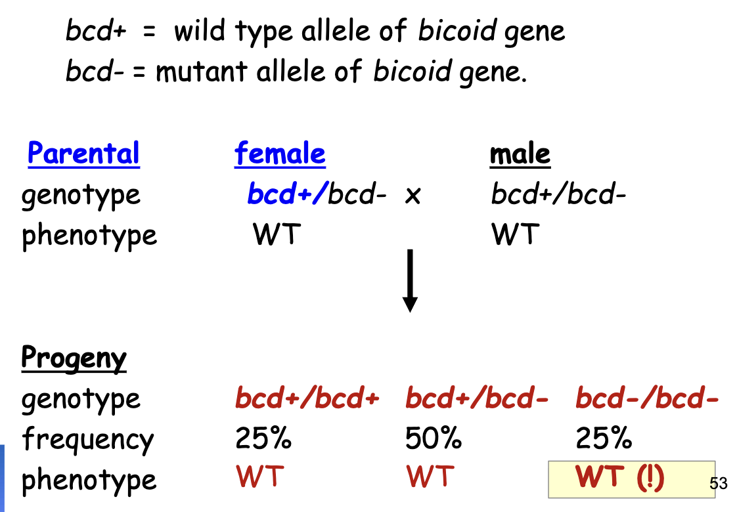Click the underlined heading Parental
[x=83, y=154]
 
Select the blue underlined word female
[x=280, y=154]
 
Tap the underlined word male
[x=520, y=154]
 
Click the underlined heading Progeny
[x=74, y=358]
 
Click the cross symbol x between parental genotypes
[x=412, y=196]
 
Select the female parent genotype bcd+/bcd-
[x=316, y=194]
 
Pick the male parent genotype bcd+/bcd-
[x=558, y=194]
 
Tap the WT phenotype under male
[x=515, y=234]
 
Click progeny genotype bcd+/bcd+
[x=307, y=398]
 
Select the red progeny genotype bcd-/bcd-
[x=647, y=398]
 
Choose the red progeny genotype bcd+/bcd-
[x=477, y=398]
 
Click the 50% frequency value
[x=434, y=438]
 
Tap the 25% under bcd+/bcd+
[x=263, y=438]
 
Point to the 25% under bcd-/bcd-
[x=604, y=438]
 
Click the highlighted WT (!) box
[x=631, y=479]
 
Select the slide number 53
[x=719, y=484]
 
